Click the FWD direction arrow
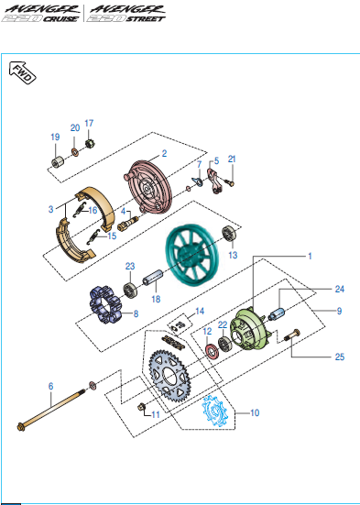[22, 72]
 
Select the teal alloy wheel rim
[192, 254]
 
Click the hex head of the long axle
[22, 426]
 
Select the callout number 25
[340, 357]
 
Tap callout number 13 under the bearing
[233, 255]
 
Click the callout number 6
[51, 386]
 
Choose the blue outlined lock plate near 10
[214, 411]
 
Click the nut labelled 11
[141, 407]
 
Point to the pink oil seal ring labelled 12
[212, 350]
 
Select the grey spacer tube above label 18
[153, 277]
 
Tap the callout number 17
[89, 124]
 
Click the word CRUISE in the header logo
[60, 18]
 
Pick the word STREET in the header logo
[146, 18]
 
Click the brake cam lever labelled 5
[214, 181]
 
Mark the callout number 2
[164, 153]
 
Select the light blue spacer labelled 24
[277, 314]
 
